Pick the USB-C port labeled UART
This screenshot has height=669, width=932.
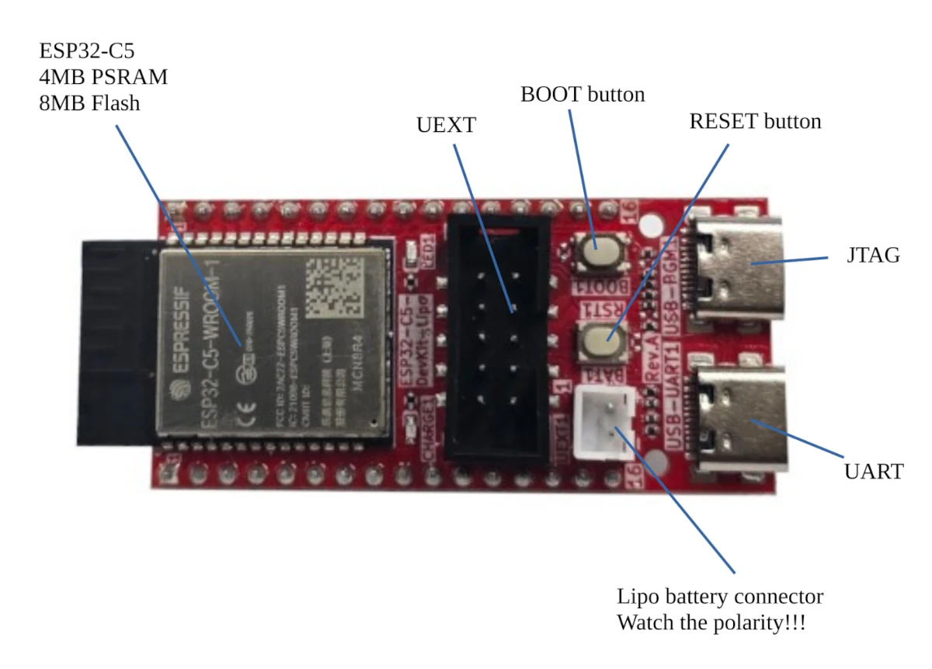click(738, 420)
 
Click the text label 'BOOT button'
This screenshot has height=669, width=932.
click(582, 95)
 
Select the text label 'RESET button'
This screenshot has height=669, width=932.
click(755, 122)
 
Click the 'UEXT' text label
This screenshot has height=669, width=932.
click(446, 126)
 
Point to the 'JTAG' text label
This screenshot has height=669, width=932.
click(873, 256)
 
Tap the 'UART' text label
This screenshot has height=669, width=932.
click(873, 472)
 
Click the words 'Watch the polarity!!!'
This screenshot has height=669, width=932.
click(711, 623)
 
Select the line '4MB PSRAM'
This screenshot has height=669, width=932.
click(103, 77)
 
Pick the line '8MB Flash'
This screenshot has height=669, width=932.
click(89, 102)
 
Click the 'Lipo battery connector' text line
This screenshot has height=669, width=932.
click(720, 597)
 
